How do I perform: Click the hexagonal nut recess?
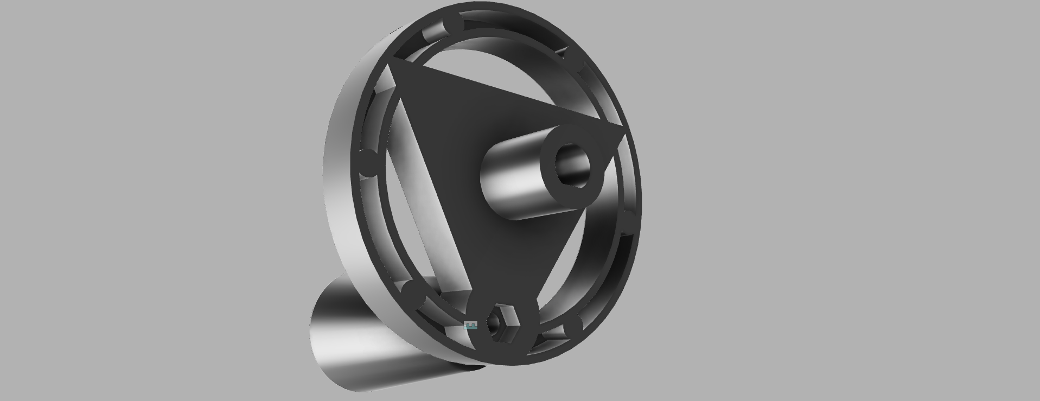(x=500, y=324)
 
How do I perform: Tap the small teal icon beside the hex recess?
(x=471, y=326)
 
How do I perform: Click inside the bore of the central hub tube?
(x=573, y=165)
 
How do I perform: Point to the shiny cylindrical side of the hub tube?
(x=510, y=184)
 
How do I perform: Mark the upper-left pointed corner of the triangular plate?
(x=392, y=65)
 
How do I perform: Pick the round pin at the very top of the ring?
(x=453, y=24)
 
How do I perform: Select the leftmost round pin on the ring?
(x=369, y=163)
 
